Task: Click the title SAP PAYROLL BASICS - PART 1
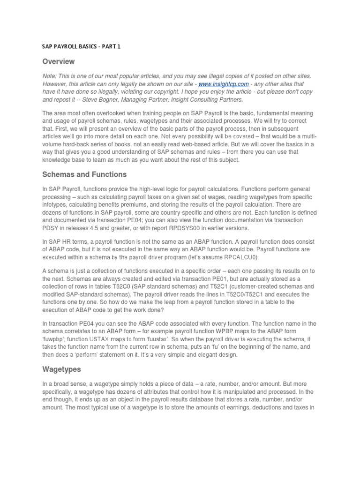point(81,47)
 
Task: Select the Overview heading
point(59,61)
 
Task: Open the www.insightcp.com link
point(217,83)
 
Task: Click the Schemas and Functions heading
point(84,174)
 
